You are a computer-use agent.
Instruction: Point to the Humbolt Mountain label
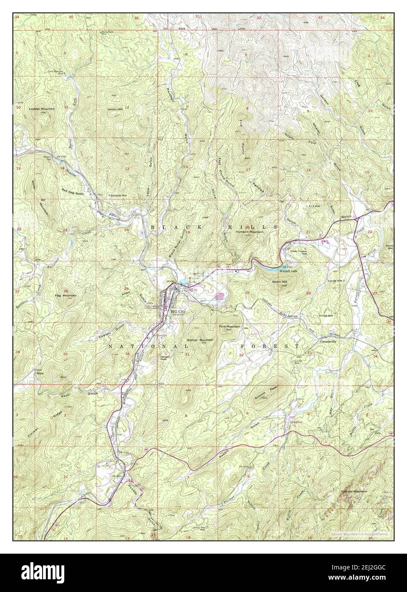[x=249, y=232]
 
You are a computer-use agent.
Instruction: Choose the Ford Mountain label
[x=229, y=327]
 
